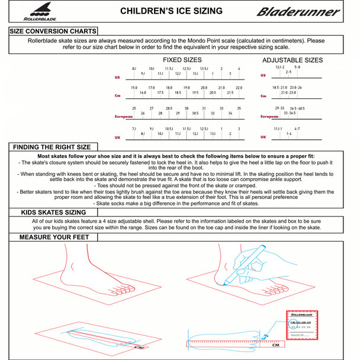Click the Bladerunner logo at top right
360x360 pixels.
(x=298, y=11)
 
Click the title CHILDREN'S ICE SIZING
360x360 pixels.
(x=172, y=11)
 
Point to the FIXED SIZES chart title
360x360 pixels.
(x=182, y=60)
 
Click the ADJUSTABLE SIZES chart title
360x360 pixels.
(x=292, y=60)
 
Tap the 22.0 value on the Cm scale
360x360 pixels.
(x=239, y=88)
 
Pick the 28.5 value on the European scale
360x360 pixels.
(x=169, y=108)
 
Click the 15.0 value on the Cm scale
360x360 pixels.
(x=134, y=88)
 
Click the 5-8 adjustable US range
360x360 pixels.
(x=297, y=67)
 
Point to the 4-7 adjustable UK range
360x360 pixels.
(x=297, y=128)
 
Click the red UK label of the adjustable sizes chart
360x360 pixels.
(x=263, y=137)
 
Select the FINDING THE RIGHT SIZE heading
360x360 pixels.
(x=52, y=147)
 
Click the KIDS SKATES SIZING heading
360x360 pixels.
(x=53, y=212)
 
